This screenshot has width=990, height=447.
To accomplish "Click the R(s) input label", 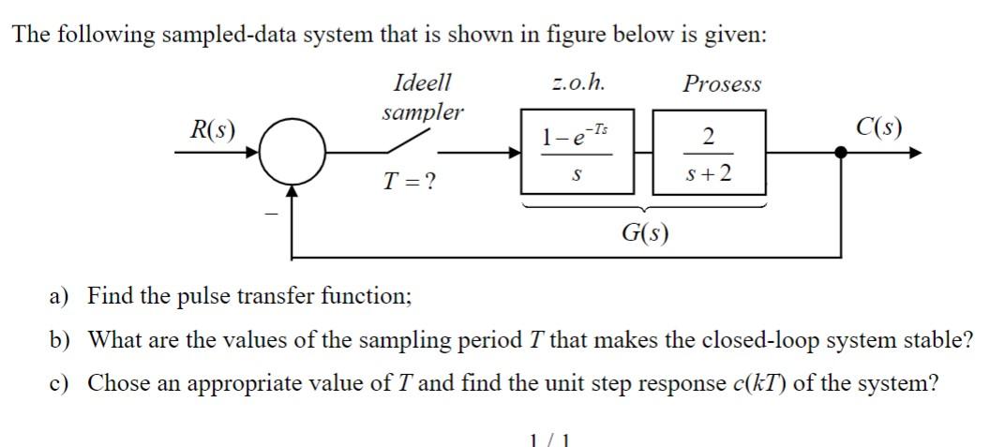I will (x=213, y=128).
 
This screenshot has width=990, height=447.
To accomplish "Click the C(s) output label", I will (x=879, y=127).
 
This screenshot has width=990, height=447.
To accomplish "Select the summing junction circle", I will (x=293, y=154).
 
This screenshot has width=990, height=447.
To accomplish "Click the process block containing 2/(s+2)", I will (x=709, y=152).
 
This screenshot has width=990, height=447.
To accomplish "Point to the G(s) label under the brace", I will (x=645, y=231).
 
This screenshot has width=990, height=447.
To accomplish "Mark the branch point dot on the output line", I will (x=841, y=154).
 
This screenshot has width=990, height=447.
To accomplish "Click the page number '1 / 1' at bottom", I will (x=550, y=439).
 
